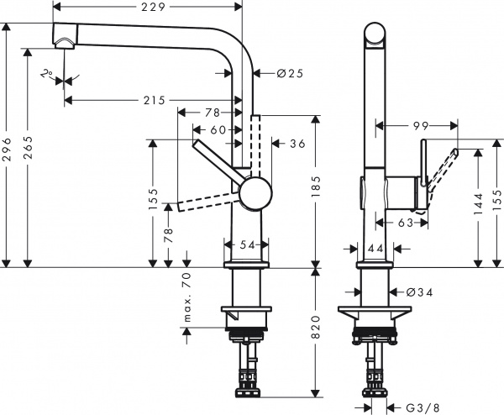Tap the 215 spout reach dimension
153,100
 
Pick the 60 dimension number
218,129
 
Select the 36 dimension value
297,144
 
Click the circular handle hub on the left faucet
255,194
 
